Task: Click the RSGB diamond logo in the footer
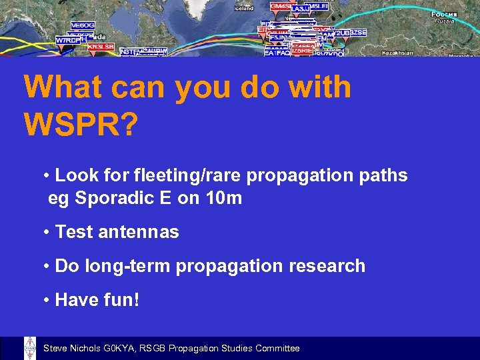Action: (x=30, y=348)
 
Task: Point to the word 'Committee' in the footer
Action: (x=277, y=349)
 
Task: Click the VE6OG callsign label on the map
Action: (x=83, y=25)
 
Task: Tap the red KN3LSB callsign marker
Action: (x=101, y=47)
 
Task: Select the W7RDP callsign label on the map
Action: (x=68, y=40)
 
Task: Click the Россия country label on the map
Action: (x=443, y=14)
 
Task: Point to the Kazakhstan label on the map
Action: (x=397, y=53)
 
